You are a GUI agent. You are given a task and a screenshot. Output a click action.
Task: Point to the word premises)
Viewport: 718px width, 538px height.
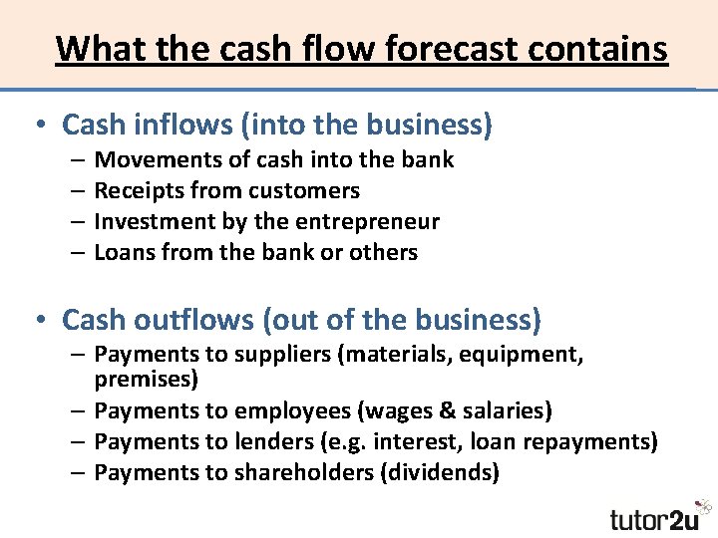tap(147, 379)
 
